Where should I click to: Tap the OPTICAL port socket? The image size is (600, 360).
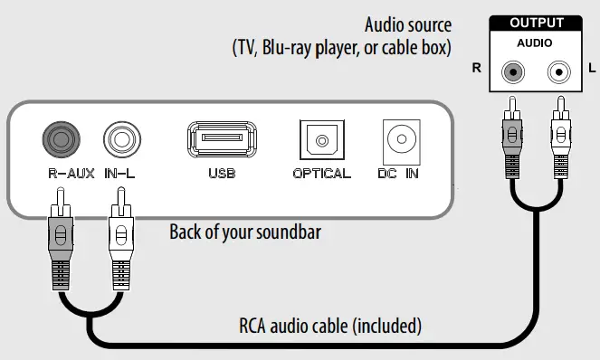pyautogui.click(x=320, y=141)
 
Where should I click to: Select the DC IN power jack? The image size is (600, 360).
pyautogui.click(x=397, y=140)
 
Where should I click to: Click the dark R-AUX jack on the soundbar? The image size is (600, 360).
pyautogui.click(x=61, y=140)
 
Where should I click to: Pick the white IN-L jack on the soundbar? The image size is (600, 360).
pyautogui.click(x=119, y=140)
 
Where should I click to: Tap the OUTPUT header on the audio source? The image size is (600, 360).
pyautogui.click(x=537, y=23)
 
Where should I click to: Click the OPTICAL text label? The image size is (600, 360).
pyautogui.click(x=321, y=173)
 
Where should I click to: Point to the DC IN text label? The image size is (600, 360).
pyautogui.click(x=398, y=173)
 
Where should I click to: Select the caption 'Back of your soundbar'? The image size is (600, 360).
pyautogui.click(x=244, y=232)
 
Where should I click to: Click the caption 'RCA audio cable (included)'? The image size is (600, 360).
pyautogui.click(x=330, y=324)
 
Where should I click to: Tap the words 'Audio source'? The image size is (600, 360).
pyautogui.click(x=407, y=24)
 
